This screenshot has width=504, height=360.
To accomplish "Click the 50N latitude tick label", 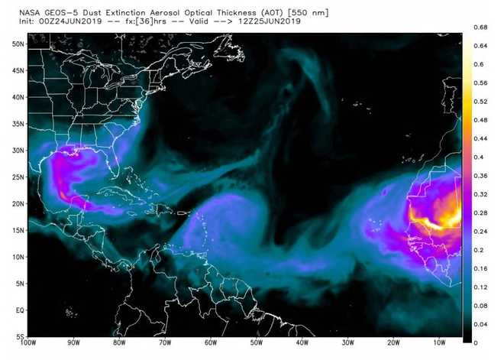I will (17, 44).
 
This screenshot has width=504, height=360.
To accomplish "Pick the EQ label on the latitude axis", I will (18, 311).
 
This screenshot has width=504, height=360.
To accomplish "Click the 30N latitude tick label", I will (17, 151).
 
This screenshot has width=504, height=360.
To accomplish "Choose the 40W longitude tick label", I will (300, 344).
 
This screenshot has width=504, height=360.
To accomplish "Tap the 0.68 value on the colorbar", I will (480, 28).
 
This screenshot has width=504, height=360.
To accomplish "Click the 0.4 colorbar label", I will (478, 157).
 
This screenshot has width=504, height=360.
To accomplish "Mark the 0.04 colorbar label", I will (480, 324).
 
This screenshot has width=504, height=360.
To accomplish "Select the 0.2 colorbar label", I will (478, 250).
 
